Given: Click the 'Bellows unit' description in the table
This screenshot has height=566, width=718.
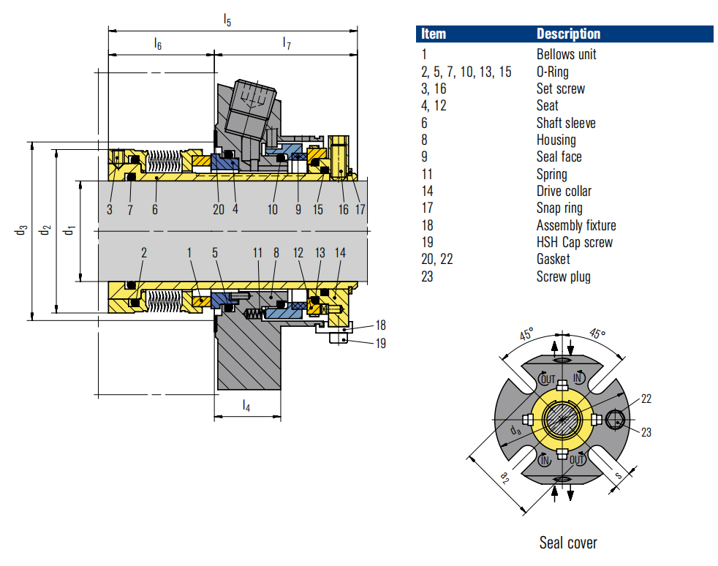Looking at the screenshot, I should (x=566, y=54).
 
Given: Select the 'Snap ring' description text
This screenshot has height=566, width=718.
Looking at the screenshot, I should (x=559, y=208).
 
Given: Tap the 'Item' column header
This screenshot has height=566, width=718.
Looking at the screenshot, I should (x=434, y=34).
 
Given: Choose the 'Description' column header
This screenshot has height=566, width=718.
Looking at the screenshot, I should (x=568, y=34).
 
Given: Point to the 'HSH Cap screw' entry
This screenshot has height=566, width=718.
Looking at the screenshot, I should (x=575, y=242).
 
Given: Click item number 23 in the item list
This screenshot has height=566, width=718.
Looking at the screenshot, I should (x=428, y=276).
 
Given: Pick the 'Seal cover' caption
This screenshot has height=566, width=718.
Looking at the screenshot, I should (x=568, y=543).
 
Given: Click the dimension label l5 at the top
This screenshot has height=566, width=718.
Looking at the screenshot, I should (x=227, y=20).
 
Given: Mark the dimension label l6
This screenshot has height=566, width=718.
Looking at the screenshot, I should (x=158, y=44).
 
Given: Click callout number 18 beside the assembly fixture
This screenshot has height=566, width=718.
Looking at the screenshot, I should (x=380, y=325).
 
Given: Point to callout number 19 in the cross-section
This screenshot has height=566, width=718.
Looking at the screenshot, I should (x=380, y=343).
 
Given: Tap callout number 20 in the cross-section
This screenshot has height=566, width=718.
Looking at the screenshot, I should (x=219, y=209).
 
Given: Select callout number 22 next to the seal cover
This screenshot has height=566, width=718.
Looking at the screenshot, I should (x=646, y=399).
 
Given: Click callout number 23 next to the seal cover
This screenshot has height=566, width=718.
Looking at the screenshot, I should (x=646, y=432).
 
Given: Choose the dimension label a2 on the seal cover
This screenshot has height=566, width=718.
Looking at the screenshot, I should (x=505, y=476).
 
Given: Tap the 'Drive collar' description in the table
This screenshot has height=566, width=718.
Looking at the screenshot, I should (x=564, y=191).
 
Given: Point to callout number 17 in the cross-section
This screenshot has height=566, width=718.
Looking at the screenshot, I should (x=360, y=209).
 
